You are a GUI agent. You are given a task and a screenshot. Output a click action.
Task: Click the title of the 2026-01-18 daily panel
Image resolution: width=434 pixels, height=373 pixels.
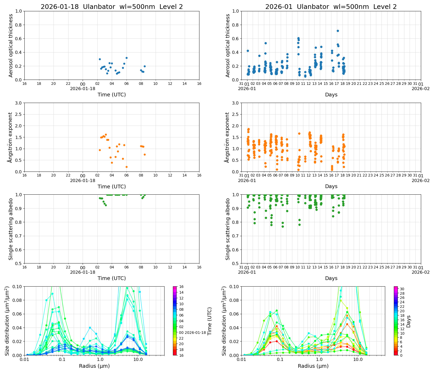(112, 7)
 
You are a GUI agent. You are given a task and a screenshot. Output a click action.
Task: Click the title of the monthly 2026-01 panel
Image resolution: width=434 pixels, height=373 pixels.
(331, 7)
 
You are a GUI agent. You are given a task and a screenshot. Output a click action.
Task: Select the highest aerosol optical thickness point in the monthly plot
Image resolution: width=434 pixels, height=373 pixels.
(338, 31)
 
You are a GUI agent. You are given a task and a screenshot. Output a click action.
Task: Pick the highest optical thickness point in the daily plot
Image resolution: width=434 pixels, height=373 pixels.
(126, 58)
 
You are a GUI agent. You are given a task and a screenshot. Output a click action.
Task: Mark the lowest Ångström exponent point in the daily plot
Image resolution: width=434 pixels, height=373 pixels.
(126, 167)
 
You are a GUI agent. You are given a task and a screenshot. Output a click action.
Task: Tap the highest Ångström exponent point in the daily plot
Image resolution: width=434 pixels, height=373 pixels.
(106, 134)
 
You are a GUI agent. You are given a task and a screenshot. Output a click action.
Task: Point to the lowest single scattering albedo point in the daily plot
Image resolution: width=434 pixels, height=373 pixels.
(106, 205)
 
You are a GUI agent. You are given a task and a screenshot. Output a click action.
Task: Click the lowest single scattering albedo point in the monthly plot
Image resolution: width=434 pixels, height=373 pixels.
(283, 226)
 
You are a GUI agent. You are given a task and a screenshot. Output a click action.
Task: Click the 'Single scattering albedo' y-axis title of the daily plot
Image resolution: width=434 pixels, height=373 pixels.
(11, 229)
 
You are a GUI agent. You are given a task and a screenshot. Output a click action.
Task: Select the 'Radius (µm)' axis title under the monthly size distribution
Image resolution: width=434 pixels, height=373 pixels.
(313, 366)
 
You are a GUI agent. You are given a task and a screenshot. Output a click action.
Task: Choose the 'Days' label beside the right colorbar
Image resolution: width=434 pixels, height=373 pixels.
(409, 321)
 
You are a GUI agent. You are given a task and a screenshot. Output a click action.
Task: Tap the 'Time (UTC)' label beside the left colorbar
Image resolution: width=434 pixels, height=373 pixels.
(209, 321)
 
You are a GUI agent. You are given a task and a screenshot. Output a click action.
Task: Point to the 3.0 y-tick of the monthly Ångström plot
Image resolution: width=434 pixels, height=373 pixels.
(235, 103)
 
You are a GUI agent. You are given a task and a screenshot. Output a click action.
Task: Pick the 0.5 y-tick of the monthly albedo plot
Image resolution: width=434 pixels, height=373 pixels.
(235, 263)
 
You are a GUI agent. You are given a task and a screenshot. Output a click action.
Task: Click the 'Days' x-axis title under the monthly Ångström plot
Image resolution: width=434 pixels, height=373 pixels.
(331, 186)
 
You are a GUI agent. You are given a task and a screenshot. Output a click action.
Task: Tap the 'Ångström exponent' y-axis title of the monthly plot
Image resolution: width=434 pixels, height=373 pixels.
(227, 137)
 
